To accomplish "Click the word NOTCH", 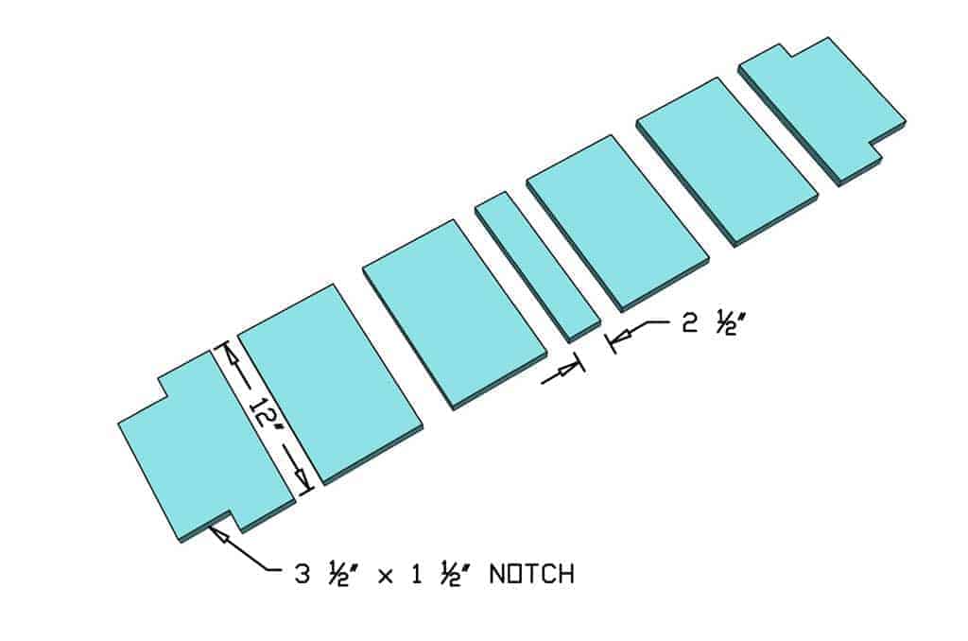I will pyautogui.click(x=531, y=573).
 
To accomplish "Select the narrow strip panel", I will pyautogui.click(x=536, y=266).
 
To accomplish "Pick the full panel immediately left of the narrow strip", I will pyautogui.click(x=453, y=312).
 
